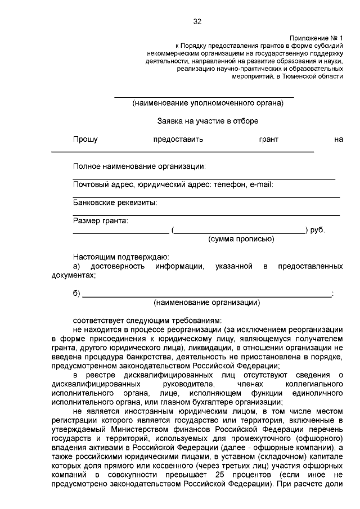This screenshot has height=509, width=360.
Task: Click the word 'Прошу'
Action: click(x=85, y=139)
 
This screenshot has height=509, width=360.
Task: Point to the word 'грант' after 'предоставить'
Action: click(x=268, y=139)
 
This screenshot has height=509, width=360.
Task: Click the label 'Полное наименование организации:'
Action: click(x=139, y=166)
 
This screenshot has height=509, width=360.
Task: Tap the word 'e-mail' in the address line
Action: click(x=261, y=184)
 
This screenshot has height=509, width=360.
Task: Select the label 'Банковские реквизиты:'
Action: click(x=115, y=202)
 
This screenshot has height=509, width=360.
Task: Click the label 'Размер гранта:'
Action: click(x=100, y=220)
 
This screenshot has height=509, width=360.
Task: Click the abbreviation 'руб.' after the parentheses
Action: click(x=317, y=230)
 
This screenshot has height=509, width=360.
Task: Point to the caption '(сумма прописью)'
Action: click(x=241, y=239)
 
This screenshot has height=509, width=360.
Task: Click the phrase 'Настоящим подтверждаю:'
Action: click(x=117, y=256)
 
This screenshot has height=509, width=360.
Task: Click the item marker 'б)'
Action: click(x=77, y=293)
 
